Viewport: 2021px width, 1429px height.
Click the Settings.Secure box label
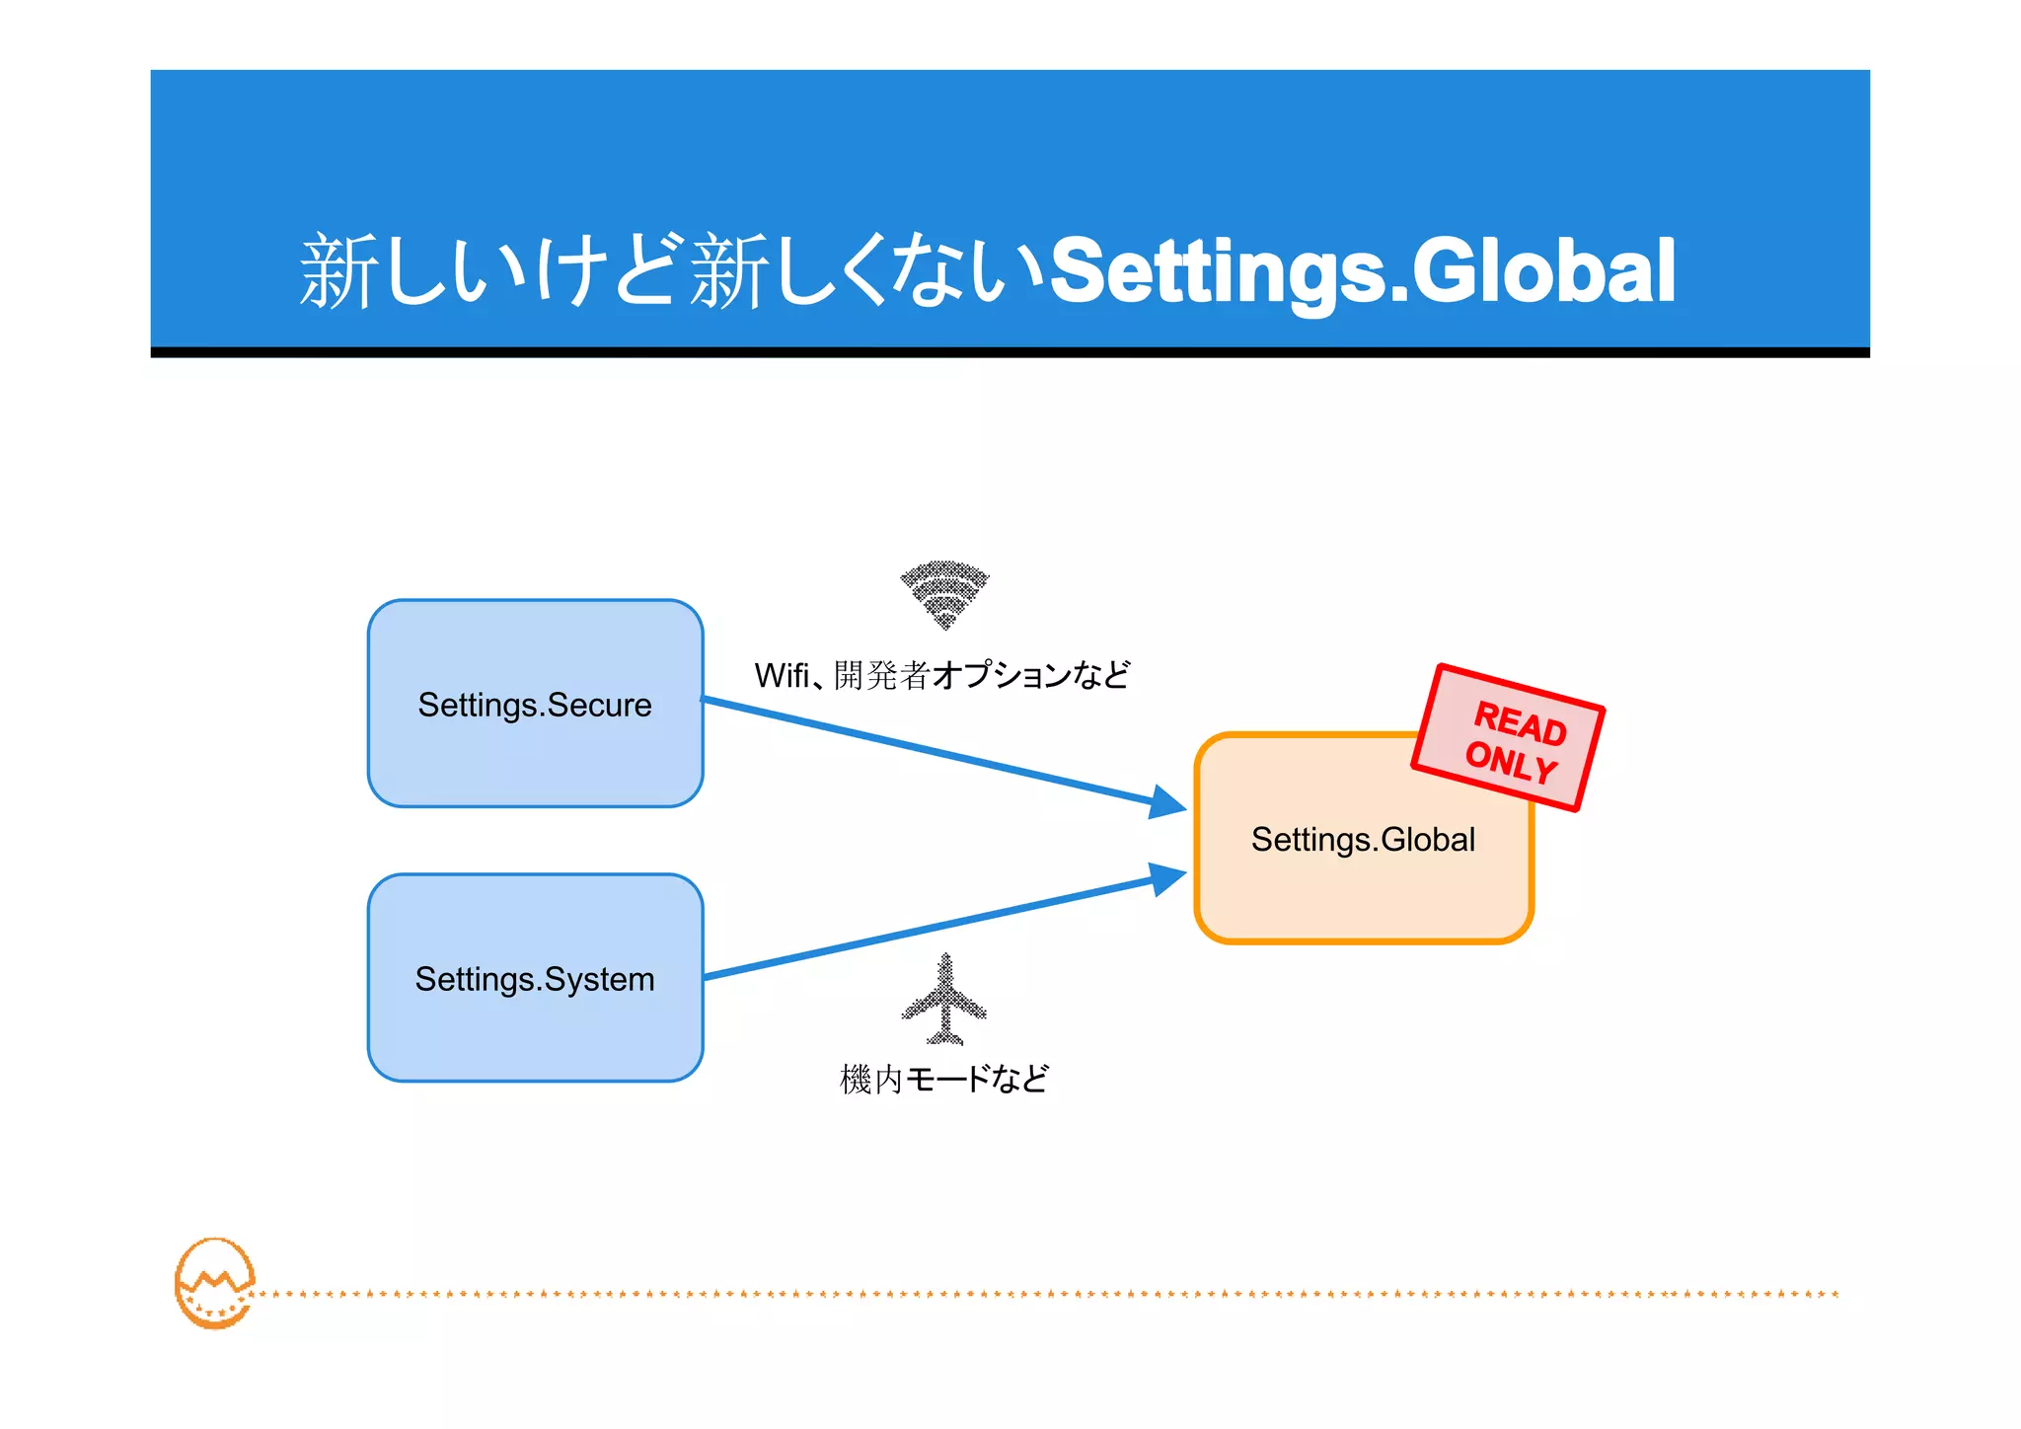click(x=534, y=705)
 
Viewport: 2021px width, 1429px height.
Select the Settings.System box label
click(x=534, y=979)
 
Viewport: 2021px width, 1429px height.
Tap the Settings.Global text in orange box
click(x=1363, y=839)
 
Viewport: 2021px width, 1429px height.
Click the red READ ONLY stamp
click(x=1508, y=737)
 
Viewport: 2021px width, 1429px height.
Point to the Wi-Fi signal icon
click(x=944, y=593)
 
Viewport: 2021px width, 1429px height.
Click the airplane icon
click(x=944, y=1000)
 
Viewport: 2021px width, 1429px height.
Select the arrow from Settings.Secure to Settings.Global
click(x=928, y=750)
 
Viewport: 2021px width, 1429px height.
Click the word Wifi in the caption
click(x=782, y=676)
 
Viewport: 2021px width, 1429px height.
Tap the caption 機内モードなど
click(x=943, y=1079)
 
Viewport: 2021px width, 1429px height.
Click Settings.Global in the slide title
click(x=1362, y=271)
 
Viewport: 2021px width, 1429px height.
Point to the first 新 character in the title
click(x=338, y=271)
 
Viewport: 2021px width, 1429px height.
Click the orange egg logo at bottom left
click(x=214, y=1283)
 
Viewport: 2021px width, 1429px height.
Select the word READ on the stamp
click(x=1520, y=723)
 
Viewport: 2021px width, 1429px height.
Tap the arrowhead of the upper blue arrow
click(x=1168, y=802)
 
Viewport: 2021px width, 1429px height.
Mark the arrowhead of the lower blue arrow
click(x=1168, y=877)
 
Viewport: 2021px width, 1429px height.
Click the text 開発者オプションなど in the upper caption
click(x=981, y=676)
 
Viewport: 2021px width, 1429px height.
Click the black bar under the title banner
click(x=1010, y=352)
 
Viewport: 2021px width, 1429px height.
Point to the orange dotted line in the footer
click(x=1046, y=1294)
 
